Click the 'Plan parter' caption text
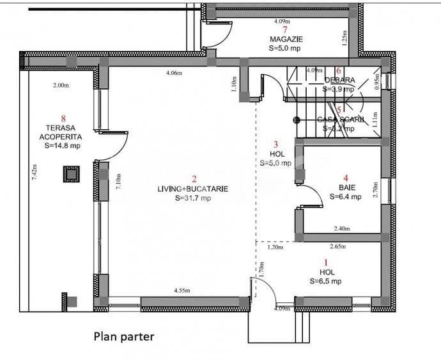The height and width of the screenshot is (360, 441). [124, 336]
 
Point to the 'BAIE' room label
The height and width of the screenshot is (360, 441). [346, 187]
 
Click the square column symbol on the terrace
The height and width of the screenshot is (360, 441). [71, 173]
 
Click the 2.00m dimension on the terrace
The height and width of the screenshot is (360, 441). [61, 85]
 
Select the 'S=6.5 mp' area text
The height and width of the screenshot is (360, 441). [325, 281]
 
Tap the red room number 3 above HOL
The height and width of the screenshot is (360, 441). [275, 145]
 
